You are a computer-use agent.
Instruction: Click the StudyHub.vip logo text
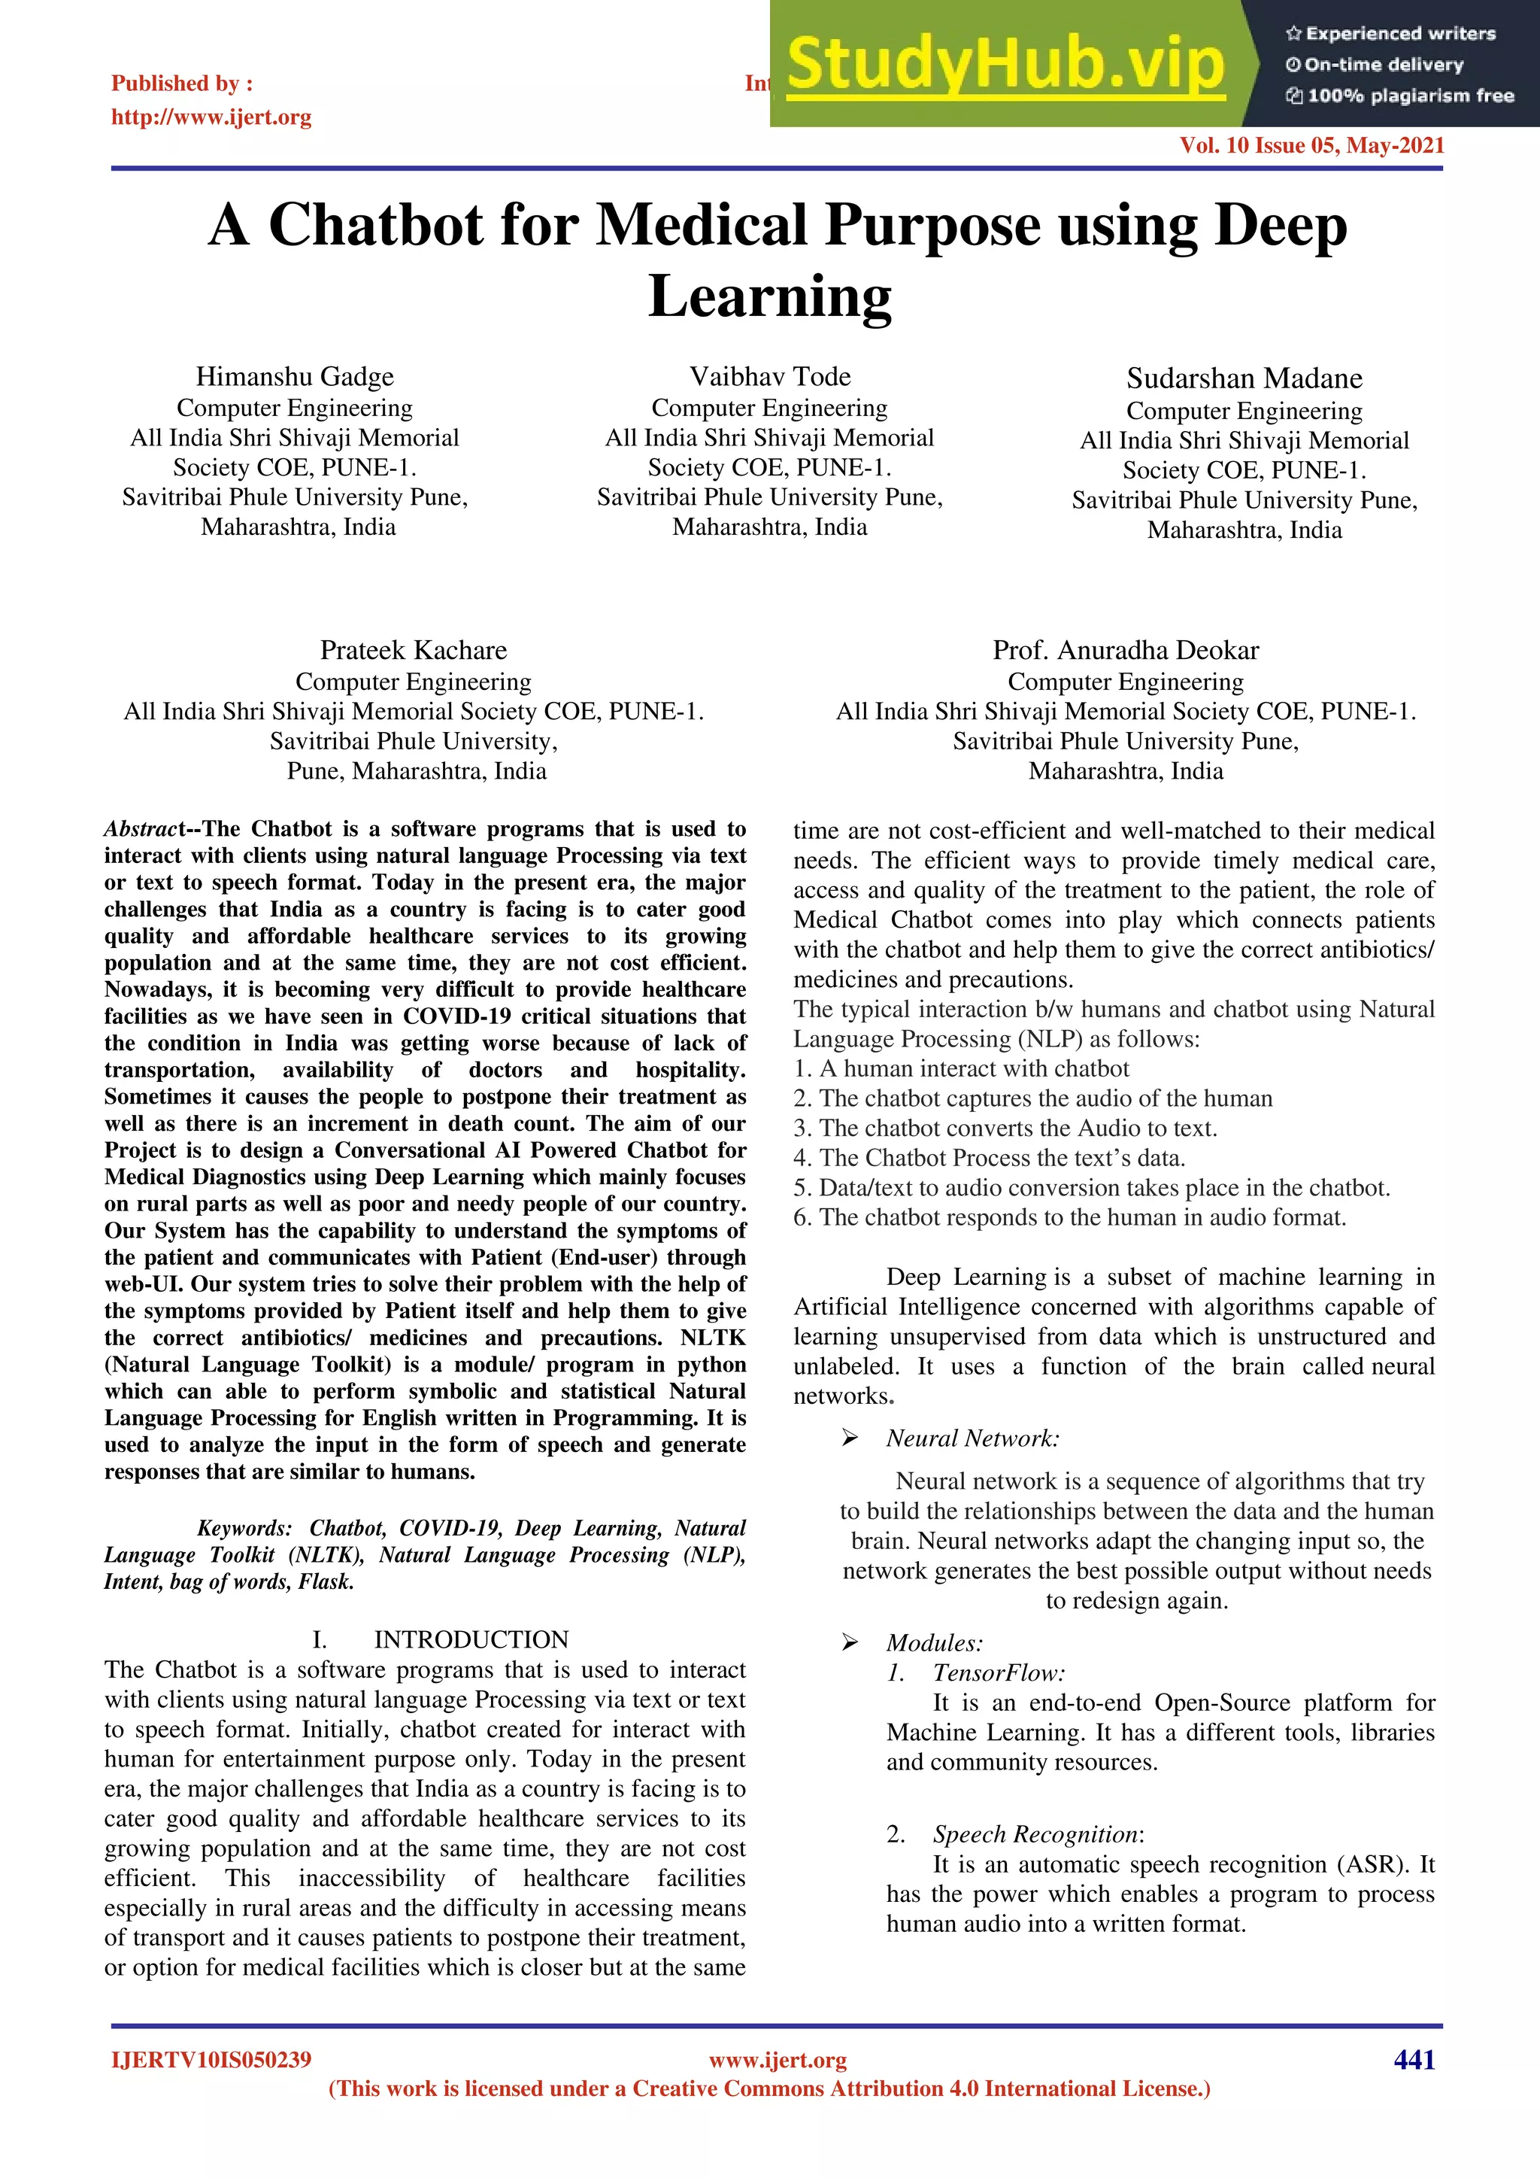[x=1005, y=65]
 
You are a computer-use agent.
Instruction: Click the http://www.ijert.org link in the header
[x=211, y=117]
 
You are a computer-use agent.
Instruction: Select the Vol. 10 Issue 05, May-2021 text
[x=1311, y=145]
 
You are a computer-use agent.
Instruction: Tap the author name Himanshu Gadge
[x=295, y=377]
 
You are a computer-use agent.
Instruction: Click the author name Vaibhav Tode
[x=770, y=377]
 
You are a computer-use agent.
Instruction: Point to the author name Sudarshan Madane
[x=1244, y=378]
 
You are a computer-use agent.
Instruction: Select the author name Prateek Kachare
[x=414, y=650]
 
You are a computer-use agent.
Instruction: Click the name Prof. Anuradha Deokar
[x=1126, y=650]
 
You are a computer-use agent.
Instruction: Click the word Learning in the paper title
[x=770, y=297]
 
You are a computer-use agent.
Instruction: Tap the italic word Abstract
[x=143, y=829]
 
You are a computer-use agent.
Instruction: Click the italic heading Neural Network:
[x=973, y=1439]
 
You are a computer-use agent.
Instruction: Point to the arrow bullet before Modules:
[x=850, y=1643]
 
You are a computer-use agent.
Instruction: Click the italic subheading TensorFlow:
[x=999, y=1673]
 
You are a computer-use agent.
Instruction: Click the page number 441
[x=1414, y=2059]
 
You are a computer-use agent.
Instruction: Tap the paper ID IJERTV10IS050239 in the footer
[x=211, y=2059]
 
